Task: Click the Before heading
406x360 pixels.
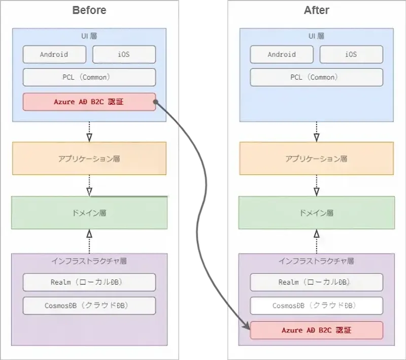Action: [x=89, y=10]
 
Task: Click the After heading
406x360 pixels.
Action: [x=316, y=10]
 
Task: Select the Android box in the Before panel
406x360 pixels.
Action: [x=54, y=54]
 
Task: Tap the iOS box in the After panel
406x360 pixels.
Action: [x=351, y=54]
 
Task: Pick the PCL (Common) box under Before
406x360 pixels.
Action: [x=89, y=77]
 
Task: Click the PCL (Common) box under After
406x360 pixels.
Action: [x=316, y=77]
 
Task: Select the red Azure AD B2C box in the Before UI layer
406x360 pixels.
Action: [x=89, y=102]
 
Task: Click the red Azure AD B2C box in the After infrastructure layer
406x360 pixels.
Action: [x=316, y=330]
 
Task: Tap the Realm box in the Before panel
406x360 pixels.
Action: [x=89, y=282]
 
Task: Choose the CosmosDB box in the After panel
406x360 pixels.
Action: [x=316, y=306]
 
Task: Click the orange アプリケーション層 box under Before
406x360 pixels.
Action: [x=89, y=158]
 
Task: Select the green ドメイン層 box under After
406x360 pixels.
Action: [x=316, y=213]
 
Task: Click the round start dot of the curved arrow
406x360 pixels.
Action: [x=157, y=102]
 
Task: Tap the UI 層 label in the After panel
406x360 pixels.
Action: [x=316, y=36]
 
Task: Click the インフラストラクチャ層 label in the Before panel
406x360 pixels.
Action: [x=89, y=261]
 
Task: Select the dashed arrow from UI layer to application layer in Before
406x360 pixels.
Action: [x=89, y=132]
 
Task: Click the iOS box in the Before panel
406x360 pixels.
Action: [x=124, y=54]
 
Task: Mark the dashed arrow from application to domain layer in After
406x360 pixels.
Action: [x=316, y=185]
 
